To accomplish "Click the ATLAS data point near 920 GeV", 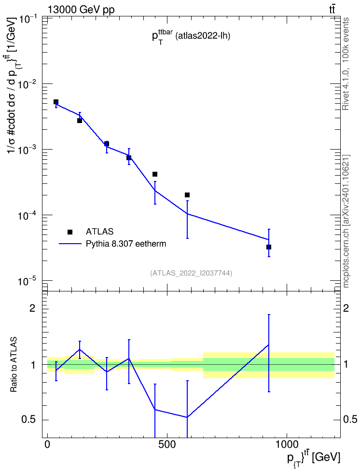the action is pyautogui.click(x=269, y=247).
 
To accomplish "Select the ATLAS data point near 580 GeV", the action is pyautogui.click(x=187, y=195).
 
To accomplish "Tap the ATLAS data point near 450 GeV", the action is pyautogui.click(x=155, y=174).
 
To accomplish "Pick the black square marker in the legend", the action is pyautogui.click(x=70, y=232).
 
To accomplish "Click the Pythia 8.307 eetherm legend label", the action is pyautogui.click(x=125, y=244).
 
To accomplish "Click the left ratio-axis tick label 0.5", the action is pyautogui.click(x=29, y=420).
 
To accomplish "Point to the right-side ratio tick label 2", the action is pyautogui.click(x=346, y=308).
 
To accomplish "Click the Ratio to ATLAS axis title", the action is pyautogui.click(x=14, y=365).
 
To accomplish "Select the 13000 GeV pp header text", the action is pyautogui.click(x=81, y=10).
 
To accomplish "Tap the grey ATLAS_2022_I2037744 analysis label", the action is pyautogui.click(x=191, y=273).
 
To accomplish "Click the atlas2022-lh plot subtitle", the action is pyautogui.click(x=203, y=37).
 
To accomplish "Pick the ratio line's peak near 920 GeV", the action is pyautogui.click(x=269, y=345).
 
